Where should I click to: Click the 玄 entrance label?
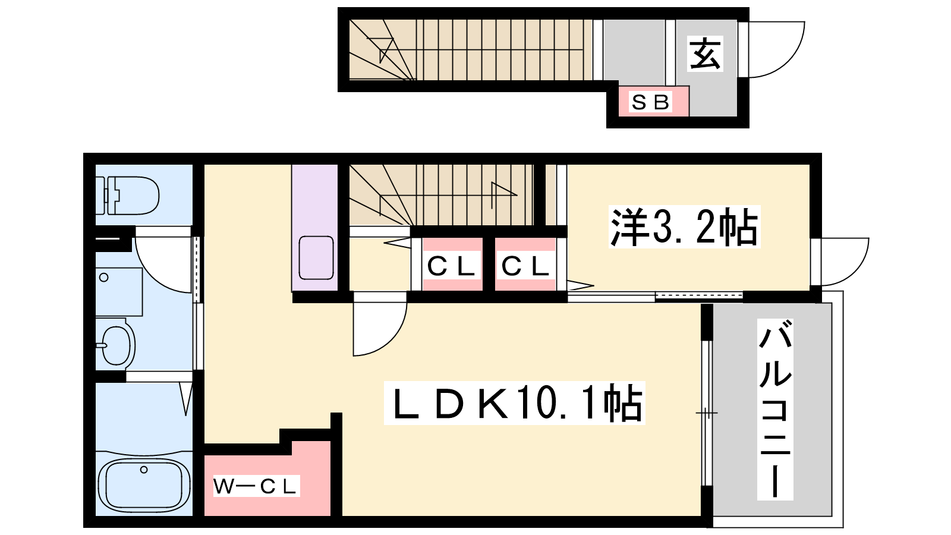click(705, 54)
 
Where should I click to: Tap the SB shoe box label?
click(650, 102)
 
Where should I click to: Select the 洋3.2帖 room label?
click(684, 226)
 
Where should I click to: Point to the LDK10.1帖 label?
click(515, 402)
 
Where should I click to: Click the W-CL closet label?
click(255, 487)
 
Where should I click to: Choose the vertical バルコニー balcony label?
click(775, 410)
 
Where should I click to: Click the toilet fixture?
click(127, 196)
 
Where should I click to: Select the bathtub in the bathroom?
click(144, 484)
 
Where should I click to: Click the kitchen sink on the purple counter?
click(316, 258)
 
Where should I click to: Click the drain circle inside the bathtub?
click(144, 470)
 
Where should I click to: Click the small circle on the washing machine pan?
click(103, 278)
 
